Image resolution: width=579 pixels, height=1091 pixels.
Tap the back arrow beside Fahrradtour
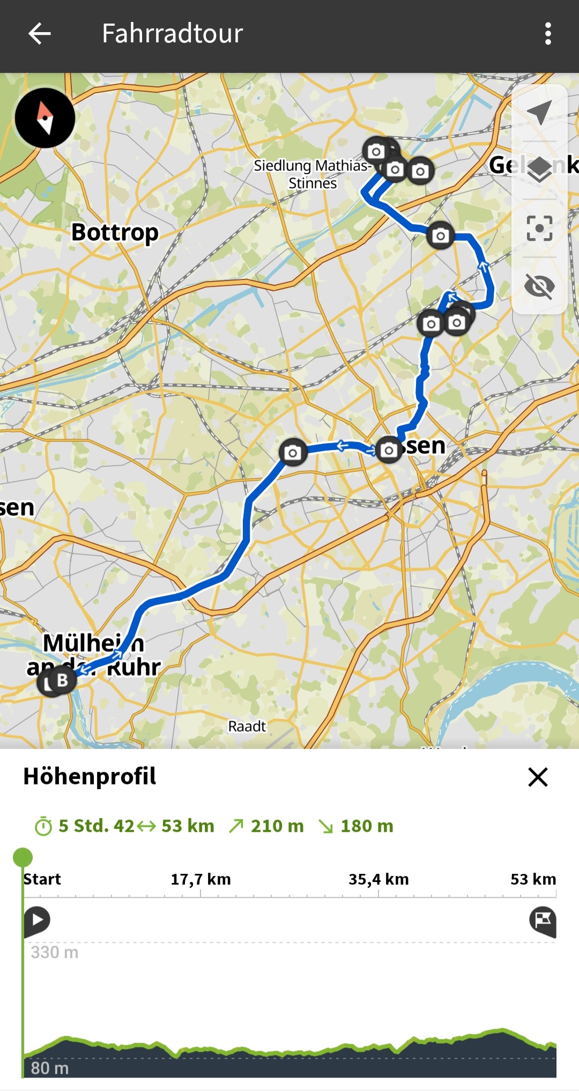click(39, 33)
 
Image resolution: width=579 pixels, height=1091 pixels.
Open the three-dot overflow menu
click(547, 34)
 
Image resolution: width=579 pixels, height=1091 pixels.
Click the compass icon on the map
click(45, 118)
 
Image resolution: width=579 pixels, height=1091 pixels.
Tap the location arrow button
click(539, 112)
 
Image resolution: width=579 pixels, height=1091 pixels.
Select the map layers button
click(539, 170)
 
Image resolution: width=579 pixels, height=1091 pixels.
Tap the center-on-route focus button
click(539, 228)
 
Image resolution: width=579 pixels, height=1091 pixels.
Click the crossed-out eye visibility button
click(539, 285)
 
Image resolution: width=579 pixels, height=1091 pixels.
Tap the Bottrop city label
click(115, 233)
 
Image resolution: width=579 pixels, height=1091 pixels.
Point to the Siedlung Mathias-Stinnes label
click(312, 174)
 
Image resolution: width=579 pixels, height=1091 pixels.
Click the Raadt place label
click(247, 726)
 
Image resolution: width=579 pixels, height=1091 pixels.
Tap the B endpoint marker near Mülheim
click(62, 680)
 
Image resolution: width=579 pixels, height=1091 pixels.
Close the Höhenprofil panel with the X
click(538, 777)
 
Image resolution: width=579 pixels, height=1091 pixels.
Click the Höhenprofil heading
click(90, 776)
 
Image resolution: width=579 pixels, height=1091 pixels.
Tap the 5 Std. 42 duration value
click(96, 826)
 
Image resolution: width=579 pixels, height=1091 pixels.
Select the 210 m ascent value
click(277, 826)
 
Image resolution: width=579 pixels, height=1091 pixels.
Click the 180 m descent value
click(367, 826)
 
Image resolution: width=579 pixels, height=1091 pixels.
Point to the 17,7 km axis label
click(201, 879)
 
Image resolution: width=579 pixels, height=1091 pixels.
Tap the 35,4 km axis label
click(378, 879)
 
